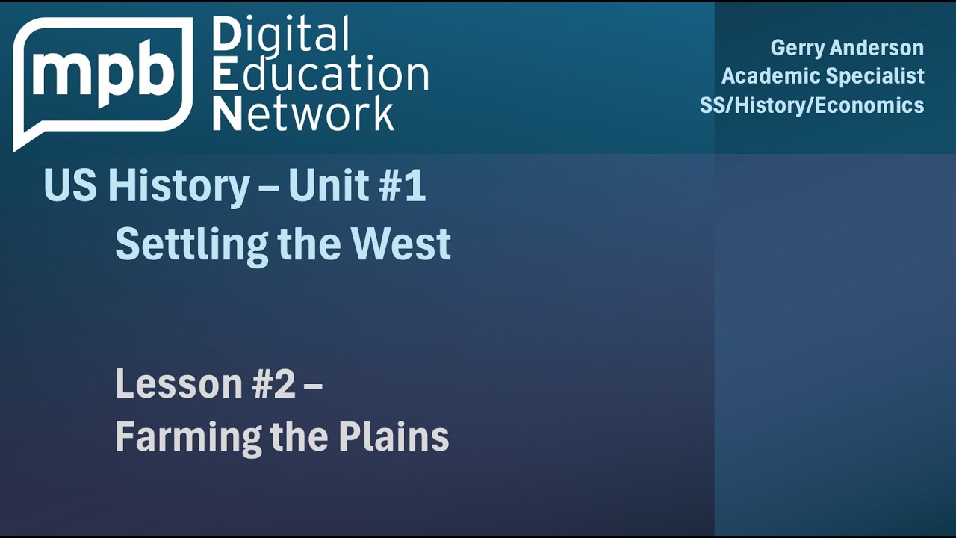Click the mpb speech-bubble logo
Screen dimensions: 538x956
[102, 78]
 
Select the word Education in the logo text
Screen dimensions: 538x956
[320, 75]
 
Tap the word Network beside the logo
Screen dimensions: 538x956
[303, 114]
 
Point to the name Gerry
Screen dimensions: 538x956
[798, 48]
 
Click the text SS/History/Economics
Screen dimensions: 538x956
[812, 105]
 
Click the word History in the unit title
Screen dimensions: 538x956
[179, 187]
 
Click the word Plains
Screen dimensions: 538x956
[394, 436]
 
